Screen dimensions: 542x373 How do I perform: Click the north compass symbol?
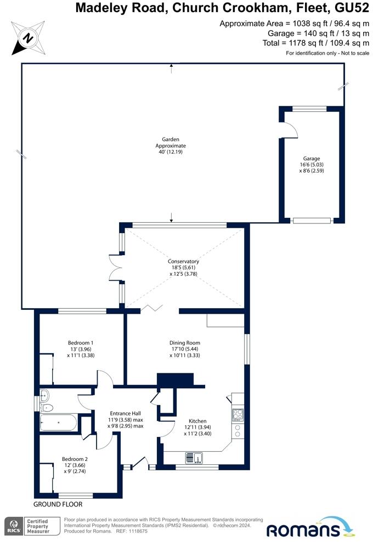pos(27,38)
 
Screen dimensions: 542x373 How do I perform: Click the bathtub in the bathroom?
pos(58,423)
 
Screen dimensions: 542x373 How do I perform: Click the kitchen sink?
pos(194,457)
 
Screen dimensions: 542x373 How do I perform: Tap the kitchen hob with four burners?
pos(238,415)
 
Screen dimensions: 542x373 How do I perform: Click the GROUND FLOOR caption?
pos(58,504)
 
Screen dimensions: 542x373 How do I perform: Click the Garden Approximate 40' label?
pos(171,146)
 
